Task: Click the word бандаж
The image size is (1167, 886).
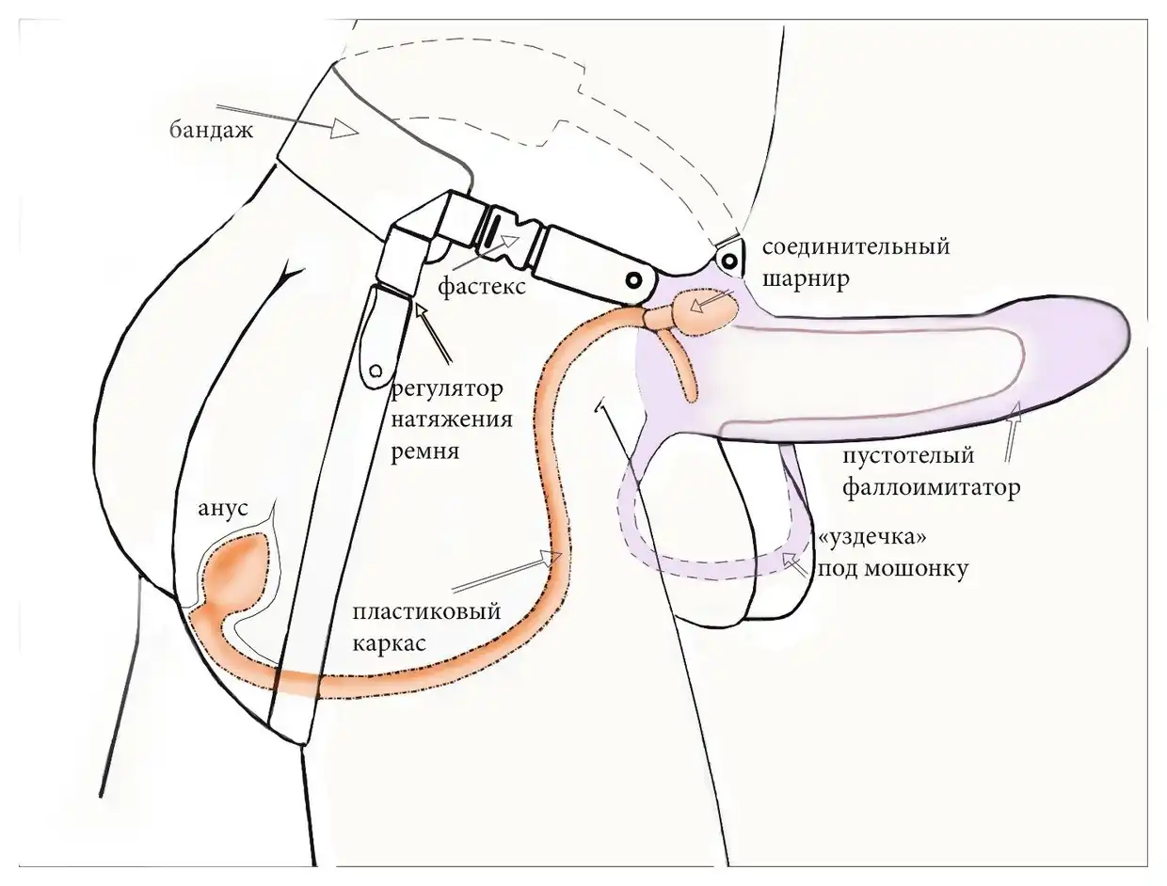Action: pyautogui.click(x=211, y=131)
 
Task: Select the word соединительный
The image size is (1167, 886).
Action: pyautogui.click(x=856, y=247)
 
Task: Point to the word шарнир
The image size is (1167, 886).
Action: pyautogui.click(x=806, y=278)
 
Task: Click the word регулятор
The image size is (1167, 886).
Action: pyautogui.click(x=447, y=390)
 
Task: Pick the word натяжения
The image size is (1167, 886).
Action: pyautogui.click(x=452, y=419)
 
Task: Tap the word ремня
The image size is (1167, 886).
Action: pyautogui.click(x=424, y=451)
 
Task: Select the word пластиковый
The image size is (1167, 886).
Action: pyautogui.click(x=426, y=612)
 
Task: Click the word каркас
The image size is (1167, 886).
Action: pyautogui.click(x=390, y=643)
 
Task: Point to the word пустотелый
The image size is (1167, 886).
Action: pyautogui.click(x=908, y=456)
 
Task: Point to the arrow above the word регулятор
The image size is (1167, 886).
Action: pyautogui.click(x=435, y=332)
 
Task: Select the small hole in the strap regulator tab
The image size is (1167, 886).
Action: pyautogui.click(x=376, y=371)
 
